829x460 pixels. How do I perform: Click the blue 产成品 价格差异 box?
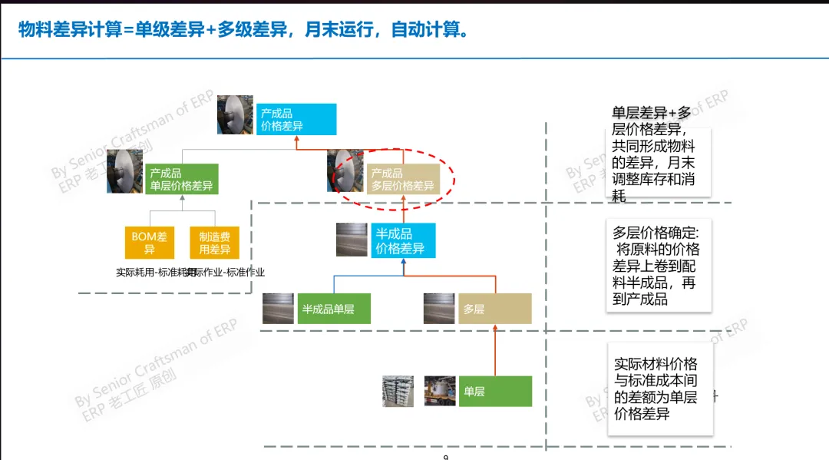tap(296, 120)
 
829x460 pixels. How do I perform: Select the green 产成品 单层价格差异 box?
tap(181, 180)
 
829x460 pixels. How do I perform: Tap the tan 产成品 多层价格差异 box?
tap(403, 180)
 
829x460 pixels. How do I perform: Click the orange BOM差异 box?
tap(149, 243)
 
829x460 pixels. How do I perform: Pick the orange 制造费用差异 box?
tap(215, 243)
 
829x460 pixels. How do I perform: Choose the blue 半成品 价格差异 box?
tap(404, 240)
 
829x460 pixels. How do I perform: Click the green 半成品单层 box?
tap(335, 309)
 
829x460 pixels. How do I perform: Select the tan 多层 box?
tap(494, 309)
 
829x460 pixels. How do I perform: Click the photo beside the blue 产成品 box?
tap(235, 114)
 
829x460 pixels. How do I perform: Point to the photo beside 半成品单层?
tap(278, 308)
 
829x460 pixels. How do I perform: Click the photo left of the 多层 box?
tap(440, 308)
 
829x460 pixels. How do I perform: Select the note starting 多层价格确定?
tap(658, 265)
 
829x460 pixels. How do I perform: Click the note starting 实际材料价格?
tap(658, 389)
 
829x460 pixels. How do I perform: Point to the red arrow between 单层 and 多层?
tap(494, 350)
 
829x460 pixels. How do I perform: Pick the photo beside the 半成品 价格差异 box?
tap(352, 240)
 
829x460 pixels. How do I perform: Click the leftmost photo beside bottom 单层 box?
tap(398, 391)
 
